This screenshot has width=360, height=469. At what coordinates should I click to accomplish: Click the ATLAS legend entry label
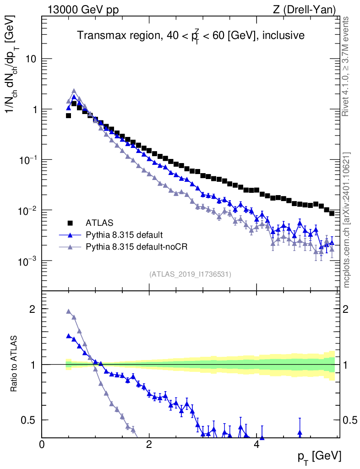pyautogui.click(x=99, y=224)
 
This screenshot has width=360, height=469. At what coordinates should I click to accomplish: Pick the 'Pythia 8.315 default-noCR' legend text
pyautogui.click(x=137, y=247)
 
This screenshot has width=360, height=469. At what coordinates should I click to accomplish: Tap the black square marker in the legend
pyautogui.click(x=70, y=224)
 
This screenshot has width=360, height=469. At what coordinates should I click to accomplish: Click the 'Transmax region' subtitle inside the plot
pyautogui.click(x=191, y=35)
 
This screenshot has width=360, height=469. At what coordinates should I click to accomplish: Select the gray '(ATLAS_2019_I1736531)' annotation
pyautogui.click(x=190, y=274)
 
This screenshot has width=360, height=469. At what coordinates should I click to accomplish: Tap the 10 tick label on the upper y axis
pyautogui.click(x=30, y=60)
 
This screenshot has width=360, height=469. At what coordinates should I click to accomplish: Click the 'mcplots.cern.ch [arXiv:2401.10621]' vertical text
pyautogui.click(x=347, y=220)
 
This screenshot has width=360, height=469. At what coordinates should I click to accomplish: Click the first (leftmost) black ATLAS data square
pyautogui.click(x=68, y=115)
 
